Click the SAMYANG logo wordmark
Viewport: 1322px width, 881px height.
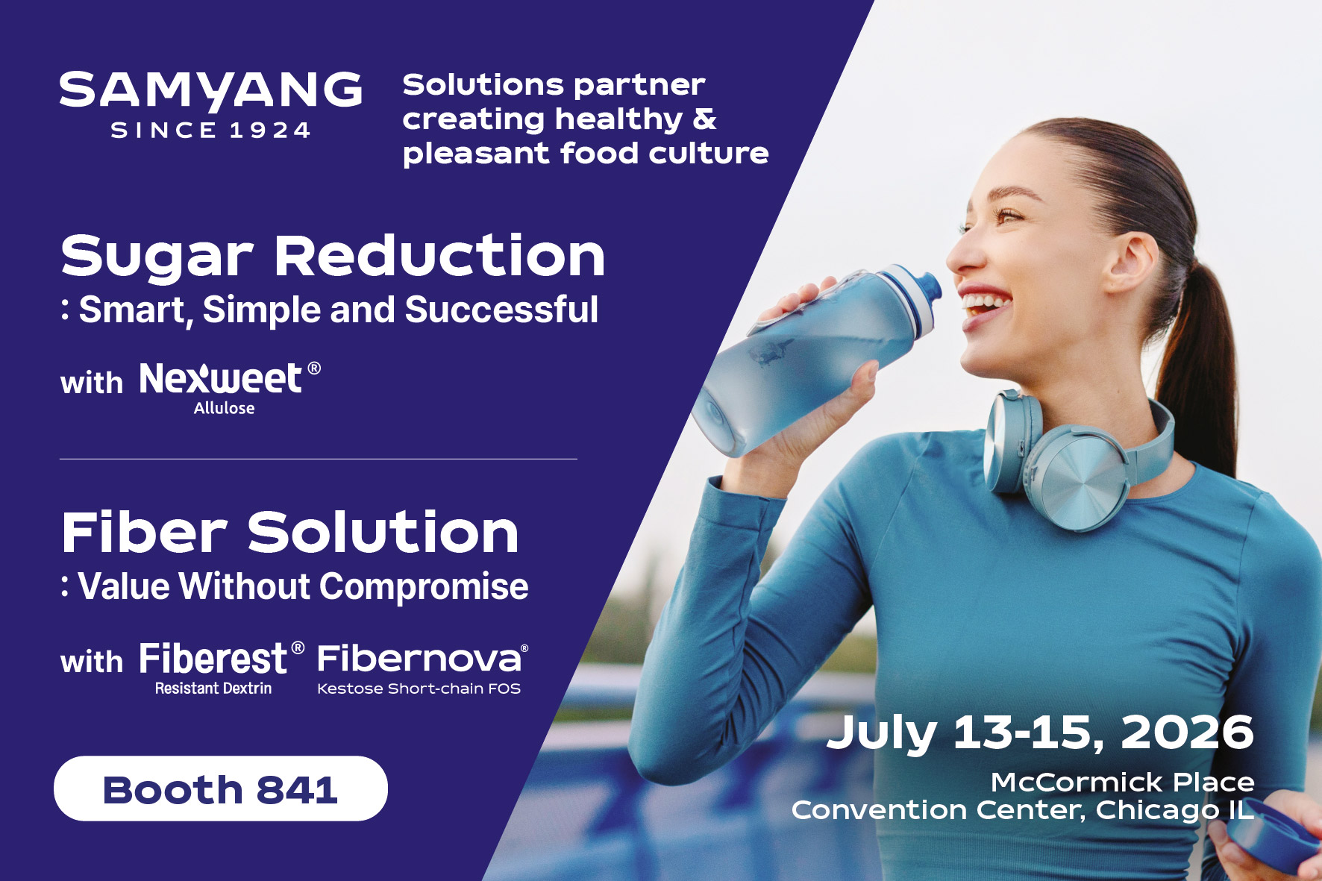point(210,91)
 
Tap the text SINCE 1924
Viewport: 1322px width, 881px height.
point(210,131)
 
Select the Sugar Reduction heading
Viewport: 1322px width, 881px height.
point(333,257)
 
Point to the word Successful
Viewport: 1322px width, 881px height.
point(501,310)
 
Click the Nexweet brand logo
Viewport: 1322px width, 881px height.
point(230,378)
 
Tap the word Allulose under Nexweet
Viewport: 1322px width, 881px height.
point(224,408)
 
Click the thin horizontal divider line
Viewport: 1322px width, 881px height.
point(319,459)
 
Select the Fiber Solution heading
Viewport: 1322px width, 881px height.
point(289,533)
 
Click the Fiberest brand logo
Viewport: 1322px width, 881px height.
point(222,659)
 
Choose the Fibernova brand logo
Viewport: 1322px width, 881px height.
point(422,659)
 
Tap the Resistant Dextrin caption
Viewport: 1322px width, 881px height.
point(213,689)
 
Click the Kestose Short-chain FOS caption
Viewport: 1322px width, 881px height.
point(419,689)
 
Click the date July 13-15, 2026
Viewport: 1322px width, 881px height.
point(1040,733)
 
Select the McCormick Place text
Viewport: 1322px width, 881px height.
point(1122,783)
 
